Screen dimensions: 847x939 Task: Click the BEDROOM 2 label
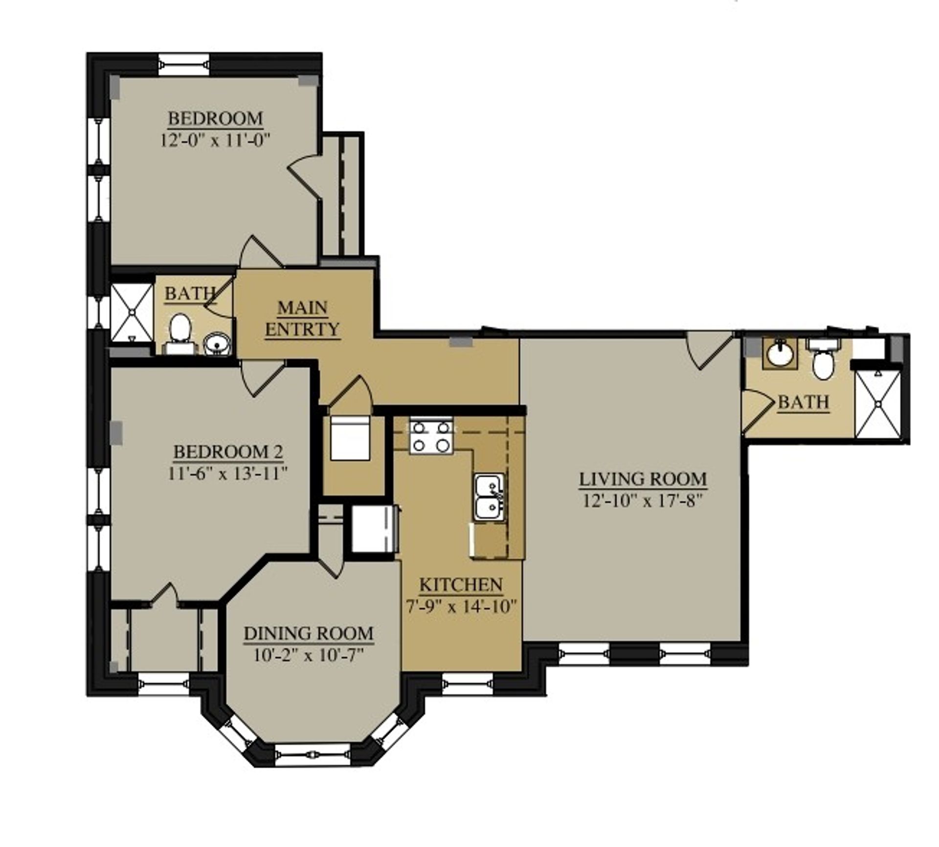click(x=228, y=452)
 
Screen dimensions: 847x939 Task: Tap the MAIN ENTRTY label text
click(x=302, y=319)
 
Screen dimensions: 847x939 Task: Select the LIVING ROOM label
click(x=643, y=479)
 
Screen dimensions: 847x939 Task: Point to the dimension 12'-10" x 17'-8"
click(x=643, y=501)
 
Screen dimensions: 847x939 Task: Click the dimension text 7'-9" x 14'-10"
click(x=461, y=607)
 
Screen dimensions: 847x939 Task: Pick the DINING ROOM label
click(x=308, y=633)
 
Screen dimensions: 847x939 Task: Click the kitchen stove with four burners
click(x=431, y=436)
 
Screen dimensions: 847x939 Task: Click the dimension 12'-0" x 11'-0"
click(x=215, y=140)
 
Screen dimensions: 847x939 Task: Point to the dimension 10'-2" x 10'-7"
click(x=308, y=655)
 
